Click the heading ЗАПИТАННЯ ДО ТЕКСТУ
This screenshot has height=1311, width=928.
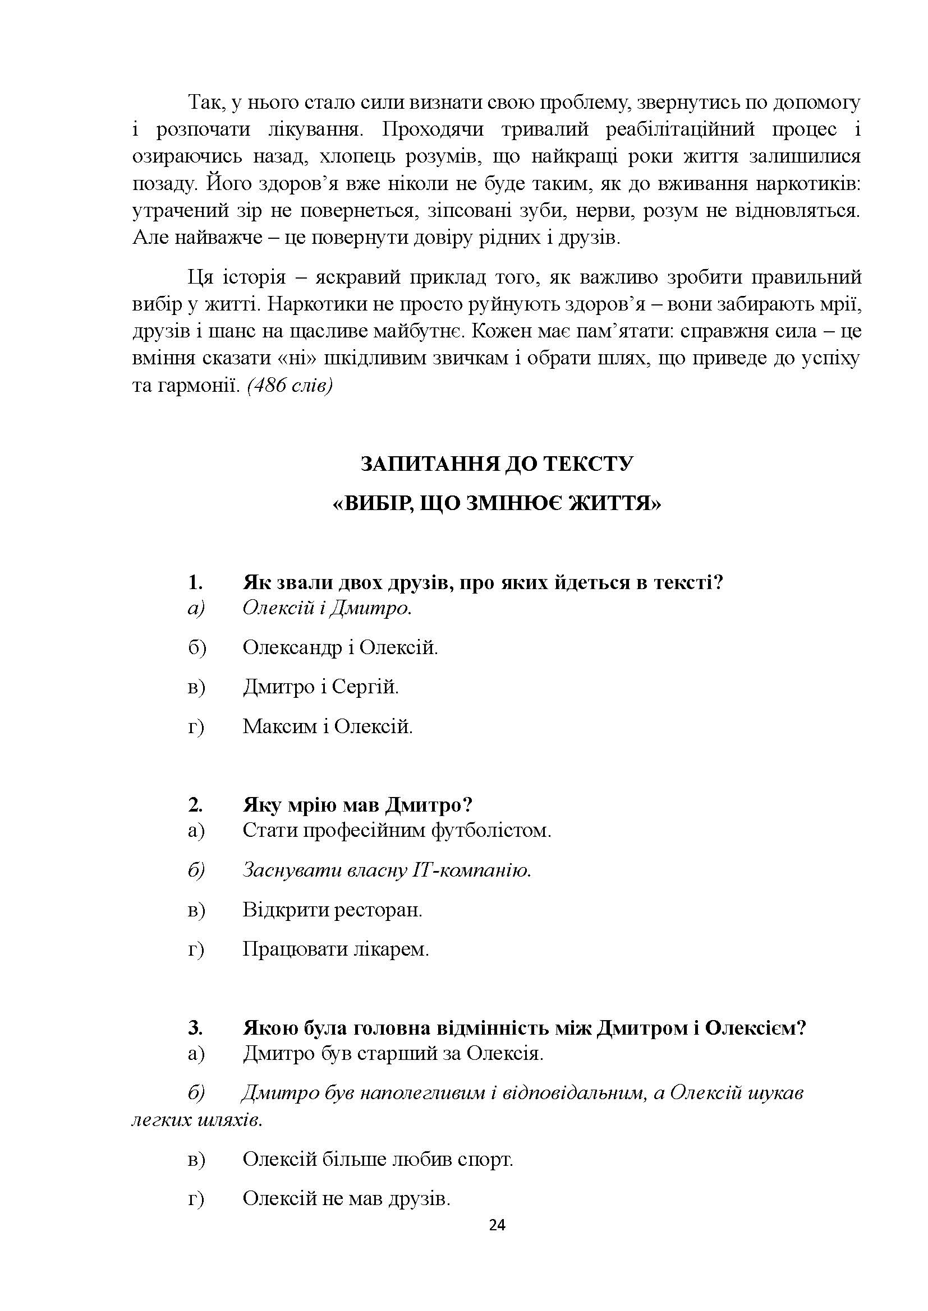click(497, 464)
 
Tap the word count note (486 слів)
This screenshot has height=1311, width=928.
click(290, 386)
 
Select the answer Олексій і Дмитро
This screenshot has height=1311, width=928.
click(327, 608)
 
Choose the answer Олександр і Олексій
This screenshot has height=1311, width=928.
click(340, 647)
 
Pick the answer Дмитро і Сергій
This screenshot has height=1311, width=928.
click(320, 687)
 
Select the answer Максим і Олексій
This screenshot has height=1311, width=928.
click(328, 726)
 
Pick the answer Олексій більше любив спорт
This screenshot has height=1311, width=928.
click(378, 1159)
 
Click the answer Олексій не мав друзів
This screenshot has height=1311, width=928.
click(346, 1198)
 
